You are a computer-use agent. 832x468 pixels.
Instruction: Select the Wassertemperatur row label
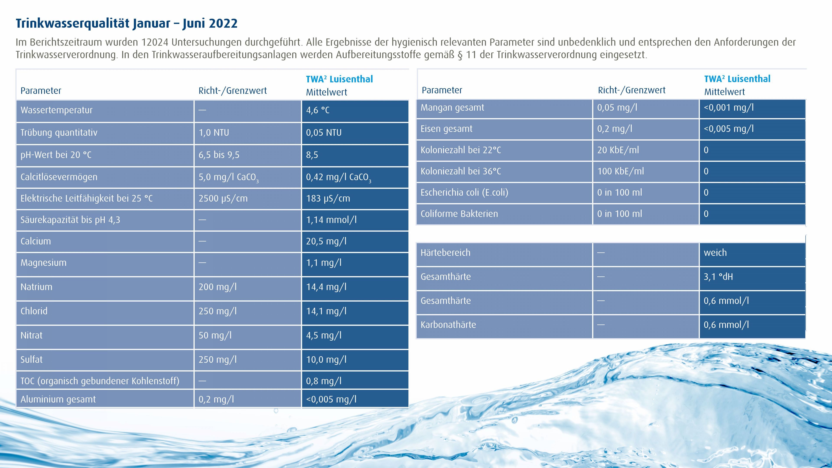click(x=57, y=110)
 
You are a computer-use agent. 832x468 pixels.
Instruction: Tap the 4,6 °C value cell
click(x=318, y=110)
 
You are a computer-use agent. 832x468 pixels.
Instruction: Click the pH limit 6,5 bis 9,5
click(x=219, y=155)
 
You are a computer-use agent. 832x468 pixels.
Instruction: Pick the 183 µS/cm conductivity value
click(x=328, y=198)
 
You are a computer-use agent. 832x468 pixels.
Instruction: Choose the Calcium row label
click(x=36, y=241)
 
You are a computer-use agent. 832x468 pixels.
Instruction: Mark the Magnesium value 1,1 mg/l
click(x=324, y=263)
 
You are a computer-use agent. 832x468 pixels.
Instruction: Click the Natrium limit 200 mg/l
click(x=217, y=287)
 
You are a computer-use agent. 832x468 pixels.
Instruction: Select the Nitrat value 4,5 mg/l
click(x=324, y=335)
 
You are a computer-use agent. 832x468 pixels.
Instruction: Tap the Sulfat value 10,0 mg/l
click(x=326, y=359)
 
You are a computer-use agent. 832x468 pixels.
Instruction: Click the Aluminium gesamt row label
click(x=58, y=399)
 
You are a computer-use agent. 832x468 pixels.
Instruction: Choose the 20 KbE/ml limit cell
click(x=618, y=150)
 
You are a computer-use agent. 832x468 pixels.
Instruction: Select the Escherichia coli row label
click(x=464, y=192)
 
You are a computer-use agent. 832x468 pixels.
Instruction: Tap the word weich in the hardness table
click(x=715, y=253)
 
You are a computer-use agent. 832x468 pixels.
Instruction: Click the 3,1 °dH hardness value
click(x=718, y=276)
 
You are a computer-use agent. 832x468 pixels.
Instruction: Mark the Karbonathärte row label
click(x=448, y=325)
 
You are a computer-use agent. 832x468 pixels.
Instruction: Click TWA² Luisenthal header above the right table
click(x=737, y=79)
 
